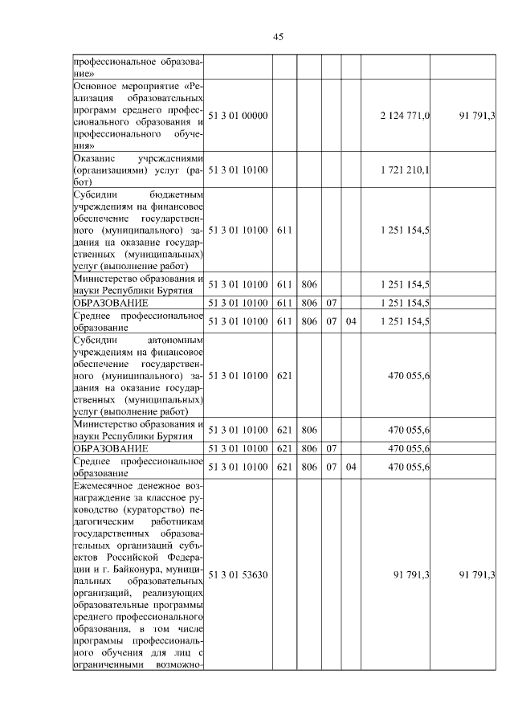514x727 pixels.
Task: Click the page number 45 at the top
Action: point(279,36)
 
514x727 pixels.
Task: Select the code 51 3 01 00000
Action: point(238,116)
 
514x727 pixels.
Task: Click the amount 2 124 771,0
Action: point(405,116)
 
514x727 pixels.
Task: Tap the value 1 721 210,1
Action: point(405,170)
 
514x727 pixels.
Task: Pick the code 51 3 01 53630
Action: point(238,574)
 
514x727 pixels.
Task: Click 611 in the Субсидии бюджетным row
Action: point(283,230)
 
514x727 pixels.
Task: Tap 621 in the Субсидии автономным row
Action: point(283,375)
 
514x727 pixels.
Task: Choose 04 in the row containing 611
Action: point(350,321)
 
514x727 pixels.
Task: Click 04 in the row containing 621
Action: point(350,467)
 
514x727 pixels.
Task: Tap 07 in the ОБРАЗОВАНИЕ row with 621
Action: point(331,448)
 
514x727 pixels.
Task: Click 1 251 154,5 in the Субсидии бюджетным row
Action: point(405,230)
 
